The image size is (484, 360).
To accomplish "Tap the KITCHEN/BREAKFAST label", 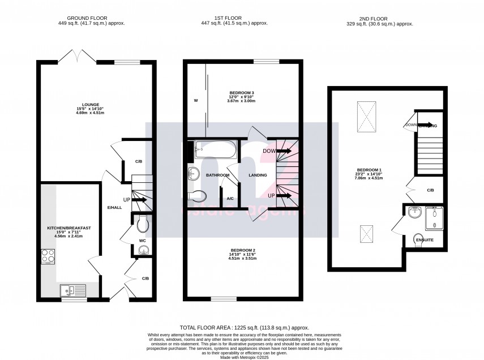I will coord(68,228).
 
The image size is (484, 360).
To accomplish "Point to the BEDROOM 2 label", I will coord(243,250).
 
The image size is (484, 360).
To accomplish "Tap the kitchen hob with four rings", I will coord(48,257).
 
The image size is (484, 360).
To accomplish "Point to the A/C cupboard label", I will coord(230,199).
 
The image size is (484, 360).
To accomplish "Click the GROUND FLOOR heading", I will coord(91,18).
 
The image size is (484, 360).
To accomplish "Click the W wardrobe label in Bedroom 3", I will coord(195,101).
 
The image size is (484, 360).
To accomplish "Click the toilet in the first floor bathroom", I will coord(197,196).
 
